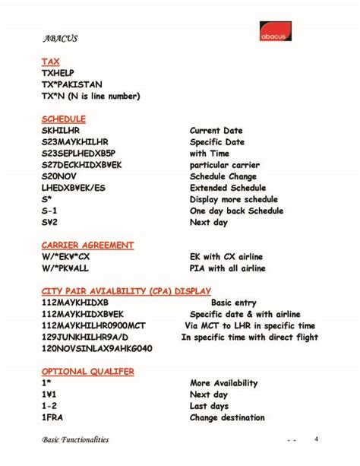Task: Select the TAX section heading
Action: point(51,62)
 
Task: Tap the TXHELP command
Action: point(58,73)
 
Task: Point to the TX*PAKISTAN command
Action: point(72,84)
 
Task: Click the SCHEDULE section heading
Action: point(64,119)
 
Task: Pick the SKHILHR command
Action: point(61,131)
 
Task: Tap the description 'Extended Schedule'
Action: point(228,188)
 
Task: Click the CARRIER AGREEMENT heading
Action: point(88,246)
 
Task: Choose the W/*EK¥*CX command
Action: point(71,257)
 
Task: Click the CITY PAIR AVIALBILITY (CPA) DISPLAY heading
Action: point(126,291)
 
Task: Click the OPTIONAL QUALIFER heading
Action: point(88,371)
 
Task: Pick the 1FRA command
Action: point(53,417)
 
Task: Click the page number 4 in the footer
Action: point(316,439)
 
